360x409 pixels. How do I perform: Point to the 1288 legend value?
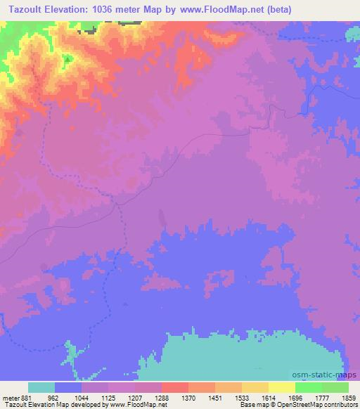(162, 397)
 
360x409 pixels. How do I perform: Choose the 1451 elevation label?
(215, 397)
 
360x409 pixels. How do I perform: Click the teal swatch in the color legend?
(41, 387)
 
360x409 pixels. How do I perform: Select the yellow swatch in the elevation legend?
(281, 387)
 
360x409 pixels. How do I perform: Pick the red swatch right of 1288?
(174, 387)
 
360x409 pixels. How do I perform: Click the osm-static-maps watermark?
(330, 374)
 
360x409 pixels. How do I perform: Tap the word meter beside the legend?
(10, 397)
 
